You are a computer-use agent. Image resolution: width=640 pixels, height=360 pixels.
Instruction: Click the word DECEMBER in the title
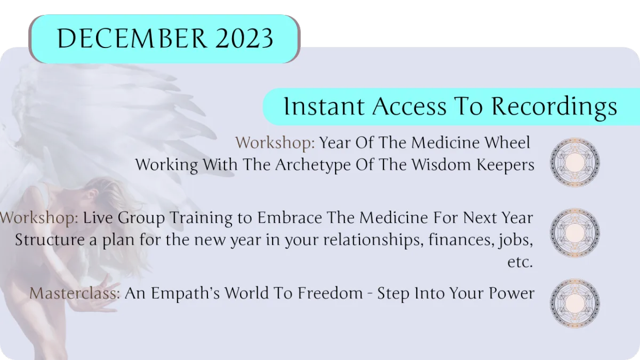tap(132, 38)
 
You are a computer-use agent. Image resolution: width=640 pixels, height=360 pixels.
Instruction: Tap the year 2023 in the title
tap(245, 38)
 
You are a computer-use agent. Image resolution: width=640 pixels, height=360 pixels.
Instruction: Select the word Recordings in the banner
tap(554, 107)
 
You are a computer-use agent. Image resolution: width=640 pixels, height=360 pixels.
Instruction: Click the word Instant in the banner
tap(324, 106)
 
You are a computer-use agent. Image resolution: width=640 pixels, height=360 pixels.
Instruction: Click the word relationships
tap(373, 239)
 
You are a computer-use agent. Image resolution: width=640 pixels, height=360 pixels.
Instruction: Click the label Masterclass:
tap(75, 293)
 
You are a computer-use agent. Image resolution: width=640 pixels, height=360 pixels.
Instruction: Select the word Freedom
tap(330, 293)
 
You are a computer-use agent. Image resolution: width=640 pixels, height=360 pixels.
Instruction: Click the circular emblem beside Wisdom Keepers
tap(575, 162)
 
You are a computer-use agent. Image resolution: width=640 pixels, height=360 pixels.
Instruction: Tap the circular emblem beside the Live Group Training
tap(575, 233)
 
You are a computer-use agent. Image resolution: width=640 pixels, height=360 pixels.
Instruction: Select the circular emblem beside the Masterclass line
tap(575, 303)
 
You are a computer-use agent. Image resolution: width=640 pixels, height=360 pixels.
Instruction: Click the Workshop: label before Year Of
tap(275, 142)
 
